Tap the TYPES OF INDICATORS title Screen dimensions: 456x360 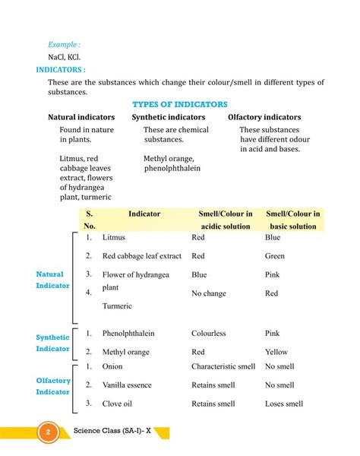pos(180,104)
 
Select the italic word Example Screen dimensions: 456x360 pos(63,45)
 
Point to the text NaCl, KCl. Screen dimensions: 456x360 pos(65,57)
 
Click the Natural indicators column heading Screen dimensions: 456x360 pos(81,117)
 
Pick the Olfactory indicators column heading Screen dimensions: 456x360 pos(264,117)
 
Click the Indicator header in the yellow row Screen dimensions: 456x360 pos(144,214)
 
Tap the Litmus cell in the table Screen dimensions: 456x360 pos(113,237)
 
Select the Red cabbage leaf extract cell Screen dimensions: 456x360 pos(141,256)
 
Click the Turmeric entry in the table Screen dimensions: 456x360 pos(118,306)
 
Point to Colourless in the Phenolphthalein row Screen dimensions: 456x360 pos(212,333)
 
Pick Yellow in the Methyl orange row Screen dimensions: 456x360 pos(276,352)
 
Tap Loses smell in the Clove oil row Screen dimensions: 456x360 pos(283,404)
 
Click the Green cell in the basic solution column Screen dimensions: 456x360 pos(274,256)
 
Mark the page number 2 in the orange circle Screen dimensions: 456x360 pos(47,433)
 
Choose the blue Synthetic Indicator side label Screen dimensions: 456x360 pos(52,343)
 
